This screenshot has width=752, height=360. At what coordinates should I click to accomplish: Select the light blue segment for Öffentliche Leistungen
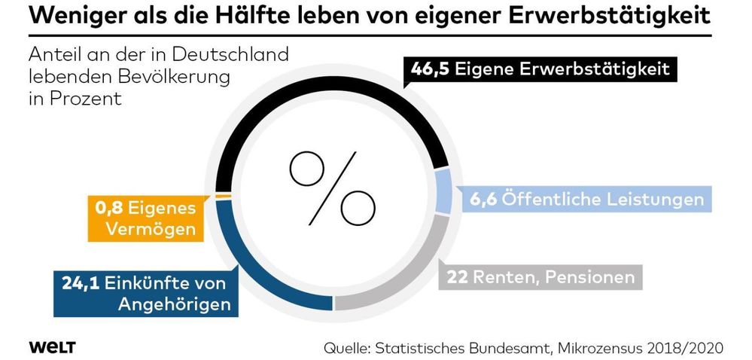pyautogui.click(x=444, y=191)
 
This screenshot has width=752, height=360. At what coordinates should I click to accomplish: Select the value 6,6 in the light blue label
pyautogui.click(x=484, y=200)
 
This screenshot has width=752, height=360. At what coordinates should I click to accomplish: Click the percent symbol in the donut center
pyautogui.click(x=332, y=184)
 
